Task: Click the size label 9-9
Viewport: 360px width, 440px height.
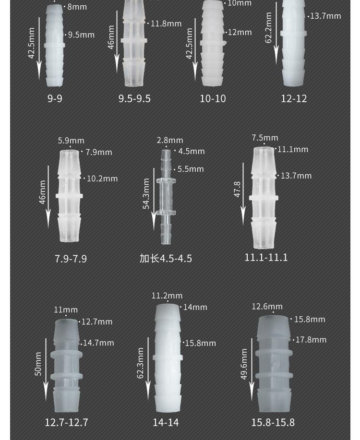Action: (x=55, y=98)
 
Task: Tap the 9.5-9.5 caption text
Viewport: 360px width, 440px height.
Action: (x=134, y=99)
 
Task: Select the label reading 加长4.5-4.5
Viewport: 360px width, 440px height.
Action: (x=166, y=259)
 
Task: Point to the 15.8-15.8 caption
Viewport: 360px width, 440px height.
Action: (x=273, y=422)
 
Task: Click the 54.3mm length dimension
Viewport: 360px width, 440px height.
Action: (x=146, y=194)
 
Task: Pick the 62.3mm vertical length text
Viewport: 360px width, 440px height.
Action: (x=141, y=363)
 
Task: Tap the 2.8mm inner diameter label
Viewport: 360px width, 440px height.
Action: (x=170, y=140)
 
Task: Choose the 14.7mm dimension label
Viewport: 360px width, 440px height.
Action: (x=98, y=343)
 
